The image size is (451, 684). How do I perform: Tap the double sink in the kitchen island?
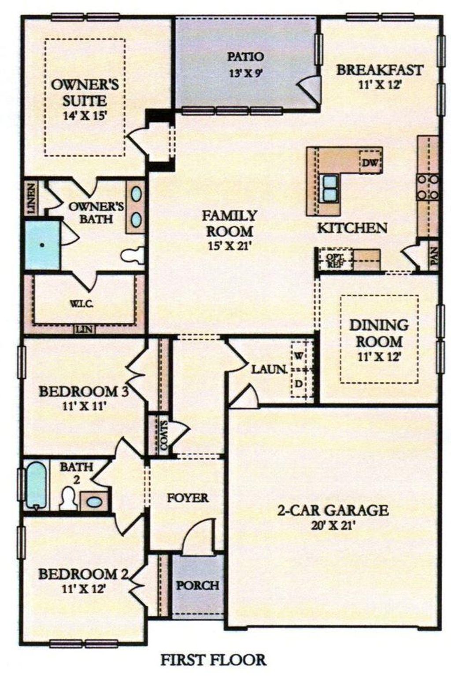point(329,188)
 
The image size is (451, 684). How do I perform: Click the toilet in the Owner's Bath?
point(133,255)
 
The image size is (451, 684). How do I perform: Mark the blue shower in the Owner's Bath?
point(42,245)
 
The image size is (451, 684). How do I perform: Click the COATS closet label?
point(163,435)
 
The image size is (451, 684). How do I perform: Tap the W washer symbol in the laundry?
point(299,356)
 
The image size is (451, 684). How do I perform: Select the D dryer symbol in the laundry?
point(299,384)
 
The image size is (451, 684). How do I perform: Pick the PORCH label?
point(198,585)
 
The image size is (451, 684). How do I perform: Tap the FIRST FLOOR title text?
point(213,660)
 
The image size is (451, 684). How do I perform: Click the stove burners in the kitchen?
point(428,187)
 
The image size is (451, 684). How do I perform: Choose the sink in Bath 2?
point(93,501)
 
